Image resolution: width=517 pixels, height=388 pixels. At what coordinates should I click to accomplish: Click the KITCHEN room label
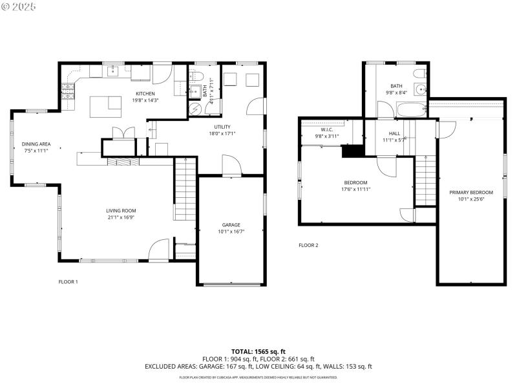pyautogui.click(x=145, y=94)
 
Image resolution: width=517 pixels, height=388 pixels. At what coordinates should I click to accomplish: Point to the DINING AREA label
pyautogui.click(x=36, y=144)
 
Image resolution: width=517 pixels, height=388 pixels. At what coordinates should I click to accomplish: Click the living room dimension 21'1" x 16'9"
pyautogui.click(x=121, y=217)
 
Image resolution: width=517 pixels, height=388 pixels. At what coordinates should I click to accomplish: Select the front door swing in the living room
pyautogui.click(x=158, y=250)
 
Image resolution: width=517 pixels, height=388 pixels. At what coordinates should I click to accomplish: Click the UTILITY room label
pyautogui.click(x=222, y=127)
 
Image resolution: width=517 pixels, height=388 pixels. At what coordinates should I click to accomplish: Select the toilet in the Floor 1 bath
pyautogui.click(x=198, y=76)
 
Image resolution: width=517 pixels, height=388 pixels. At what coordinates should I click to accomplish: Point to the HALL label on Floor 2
pyautogui.click(x=394, y=133)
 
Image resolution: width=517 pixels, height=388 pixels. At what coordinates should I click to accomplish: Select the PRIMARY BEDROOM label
pyautogui.click(x=471, y=192)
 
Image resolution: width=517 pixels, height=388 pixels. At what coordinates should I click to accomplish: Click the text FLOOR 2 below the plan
pyautogui.click(x=308, y=245)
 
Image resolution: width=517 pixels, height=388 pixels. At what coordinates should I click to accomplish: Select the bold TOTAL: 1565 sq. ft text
pyautogui.click(x=258, y=351)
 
